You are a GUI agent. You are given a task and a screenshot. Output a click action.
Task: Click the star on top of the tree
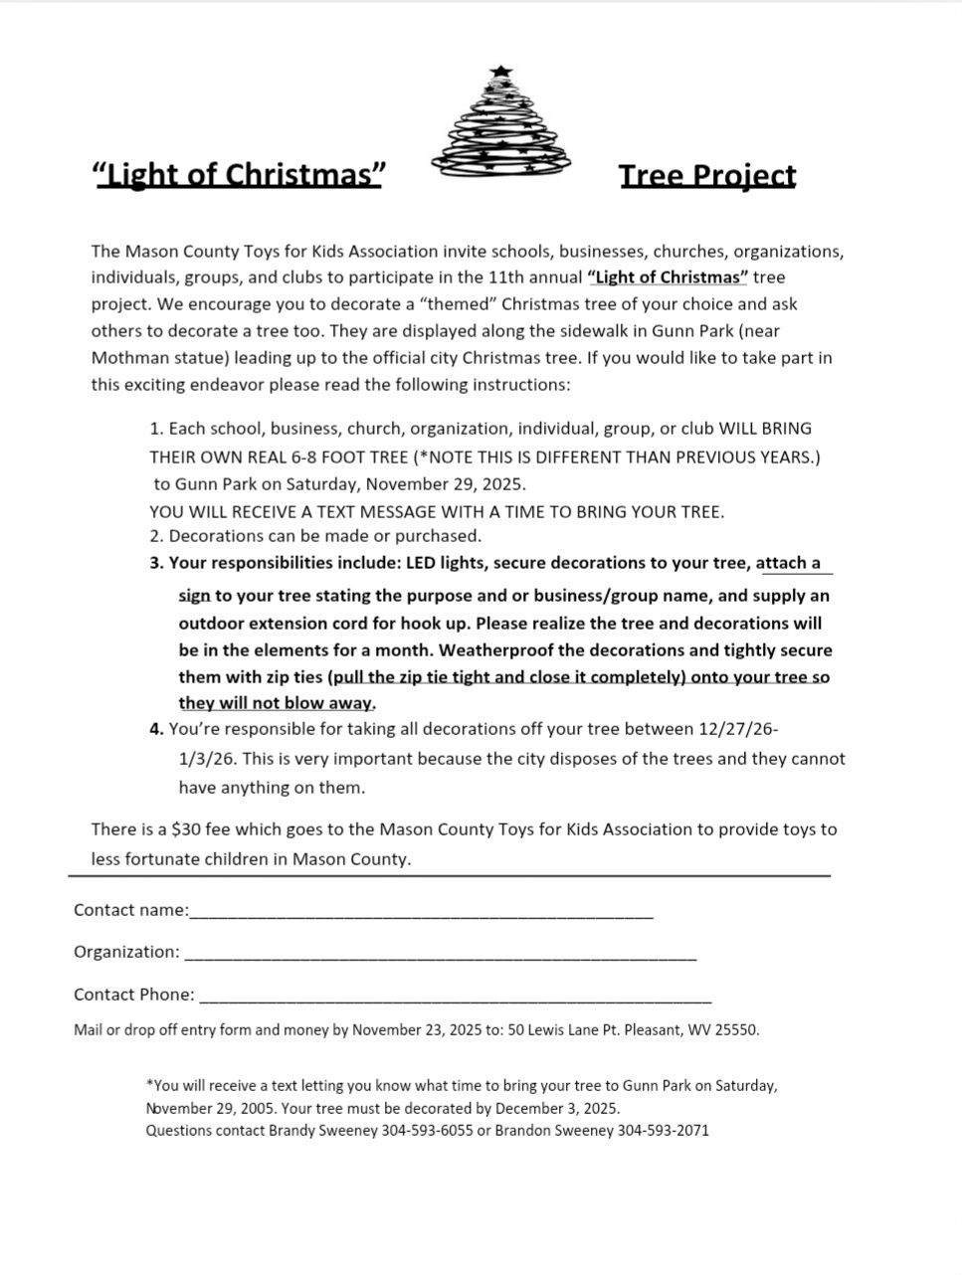pos(500,72)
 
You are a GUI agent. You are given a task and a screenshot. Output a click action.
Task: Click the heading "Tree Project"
pos(707,176)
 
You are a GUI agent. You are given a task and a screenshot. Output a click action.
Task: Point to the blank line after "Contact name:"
pos(421,912)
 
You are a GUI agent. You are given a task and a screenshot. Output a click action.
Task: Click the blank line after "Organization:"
pos(440,954)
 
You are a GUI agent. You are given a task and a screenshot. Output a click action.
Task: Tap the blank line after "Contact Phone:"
pos(455,997)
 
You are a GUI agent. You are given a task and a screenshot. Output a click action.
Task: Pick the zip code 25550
pos(737,1029)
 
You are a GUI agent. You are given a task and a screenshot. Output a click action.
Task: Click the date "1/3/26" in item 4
pos(207,758)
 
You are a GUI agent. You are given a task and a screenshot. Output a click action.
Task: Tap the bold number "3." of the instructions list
pos(156,563)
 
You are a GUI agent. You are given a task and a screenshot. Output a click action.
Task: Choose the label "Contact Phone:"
pos(134,995)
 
